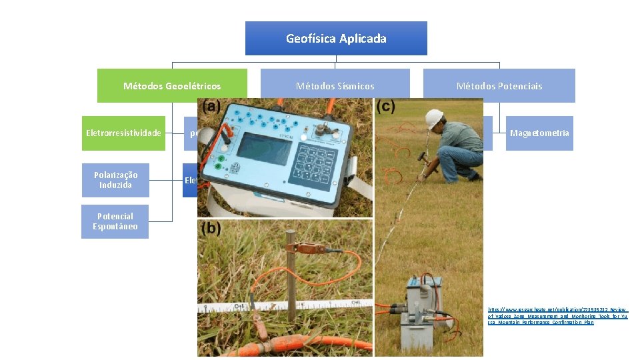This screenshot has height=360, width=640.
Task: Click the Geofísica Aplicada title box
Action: (x=336, y=38)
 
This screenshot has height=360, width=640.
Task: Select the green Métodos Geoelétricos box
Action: (x=172, y=85)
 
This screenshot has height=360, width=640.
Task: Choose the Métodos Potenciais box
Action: (x=499, y=85)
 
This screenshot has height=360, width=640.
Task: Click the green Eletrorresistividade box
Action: (x=123, y=133)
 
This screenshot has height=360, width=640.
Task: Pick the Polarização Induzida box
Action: (x=115, y=180)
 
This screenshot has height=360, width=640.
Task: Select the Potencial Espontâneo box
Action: (x=115, y=221)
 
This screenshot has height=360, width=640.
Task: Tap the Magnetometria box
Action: (x=539, y=133)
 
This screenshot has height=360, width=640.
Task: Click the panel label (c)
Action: (x=386, y=107)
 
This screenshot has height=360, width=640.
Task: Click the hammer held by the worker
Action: (x=423, y=159)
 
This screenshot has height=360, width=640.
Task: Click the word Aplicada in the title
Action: (x=363, y=38)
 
